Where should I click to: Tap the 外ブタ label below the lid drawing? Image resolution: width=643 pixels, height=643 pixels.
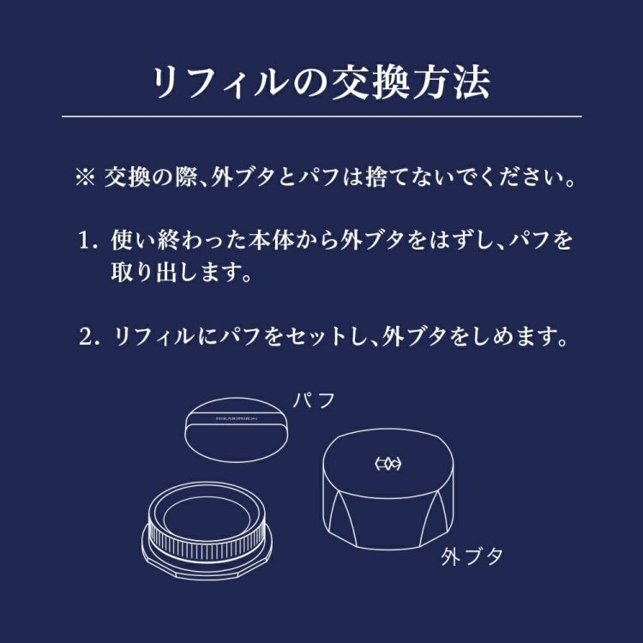[472, 557]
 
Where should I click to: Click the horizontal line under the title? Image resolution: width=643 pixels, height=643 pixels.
[321, 116]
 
